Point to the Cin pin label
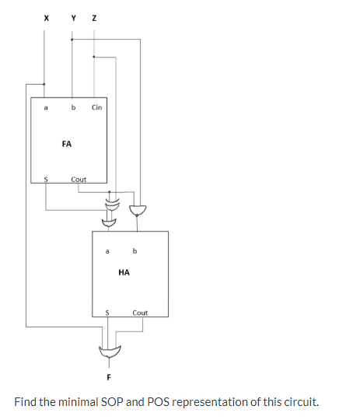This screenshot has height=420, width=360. pos(96,107)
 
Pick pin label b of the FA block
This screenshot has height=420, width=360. pos(73,107)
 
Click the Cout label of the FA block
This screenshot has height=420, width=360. pos(79,179)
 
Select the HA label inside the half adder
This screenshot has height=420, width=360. pos(124,273)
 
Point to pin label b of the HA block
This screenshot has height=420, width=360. pos(135,251)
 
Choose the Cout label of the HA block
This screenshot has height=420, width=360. pos(140,313)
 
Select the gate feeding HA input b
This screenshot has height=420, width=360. pos(137,210)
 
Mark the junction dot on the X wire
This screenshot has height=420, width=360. pos(44,83)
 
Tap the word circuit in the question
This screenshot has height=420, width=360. pos(299,402)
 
